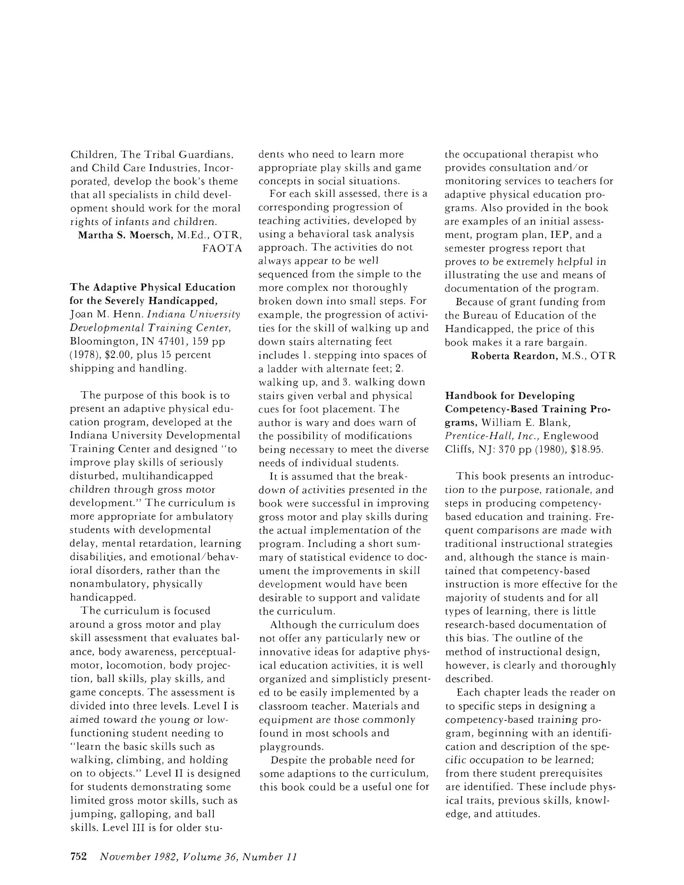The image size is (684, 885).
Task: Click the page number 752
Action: coord(79,856)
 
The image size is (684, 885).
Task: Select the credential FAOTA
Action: coord(222,248)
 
